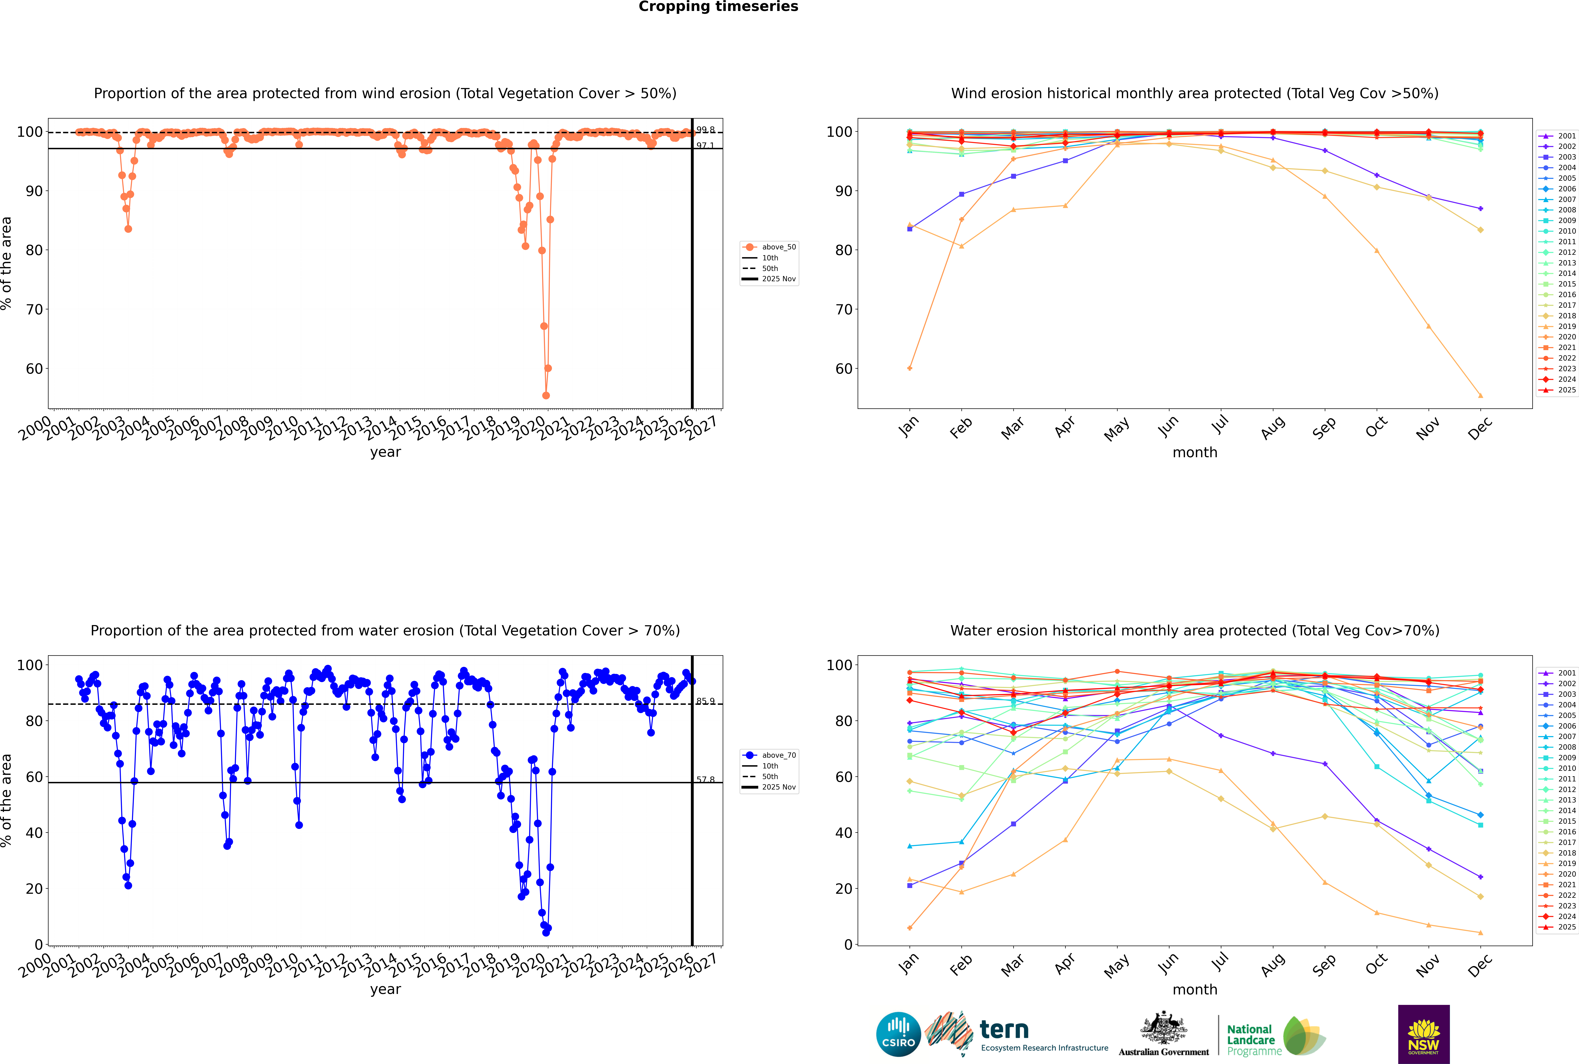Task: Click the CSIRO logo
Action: point(898,1035)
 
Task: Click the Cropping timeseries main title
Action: point(718,7)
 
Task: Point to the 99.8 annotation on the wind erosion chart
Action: point(705,130)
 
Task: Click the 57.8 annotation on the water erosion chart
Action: point(705,780)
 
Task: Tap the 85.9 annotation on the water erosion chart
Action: point(705,701)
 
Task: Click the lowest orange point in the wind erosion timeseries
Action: point(546,395)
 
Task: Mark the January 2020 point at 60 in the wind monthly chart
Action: point(910,368)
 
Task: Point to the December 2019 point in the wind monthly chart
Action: point(1481,396)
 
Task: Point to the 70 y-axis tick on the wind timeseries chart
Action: point(34,309)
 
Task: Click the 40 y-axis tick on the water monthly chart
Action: point(843,833)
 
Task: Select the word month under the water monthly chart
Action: point(1195,989)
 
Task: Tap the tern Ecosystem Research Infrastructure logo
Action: point(1018,1035)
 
